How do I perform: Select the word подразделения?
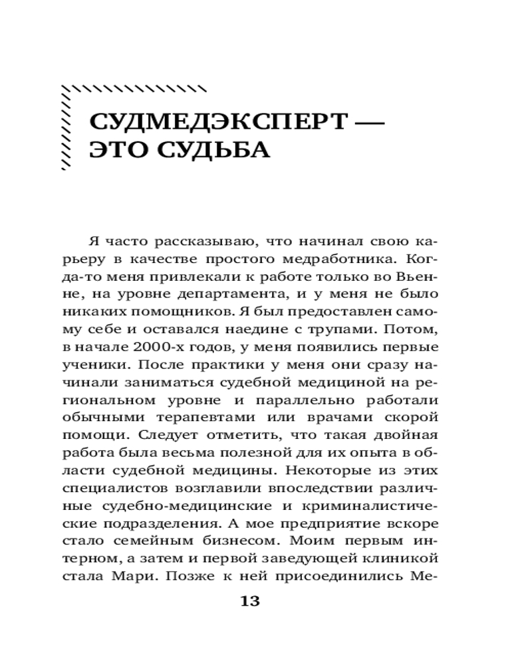pos(179,524)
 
